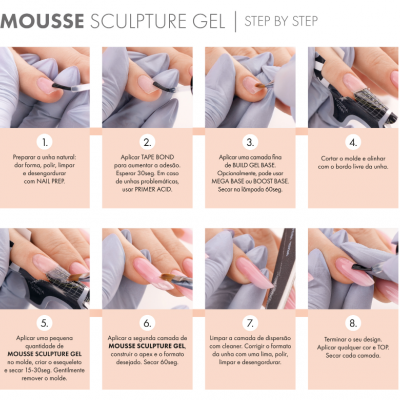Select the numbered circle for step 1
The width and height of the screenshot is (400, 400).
click(x=45, y=143)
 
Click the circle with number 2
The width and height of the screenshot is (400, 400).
click(x=147, y=143)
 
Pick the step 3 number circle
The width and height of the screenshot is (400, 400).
click(x=250, y=143)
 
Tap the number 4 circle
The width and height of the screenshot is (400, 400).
click(x=351, y=143)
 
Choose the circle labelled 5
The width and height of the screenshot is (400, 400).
click(x=45, y=324)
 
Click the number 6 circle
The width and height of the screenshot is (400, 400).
click(x=147, y=324)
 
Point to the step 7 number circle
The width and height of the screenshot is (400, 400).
click(x=250, y=324)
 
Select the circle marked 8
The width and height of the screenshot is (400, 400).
click(x=351, y=324)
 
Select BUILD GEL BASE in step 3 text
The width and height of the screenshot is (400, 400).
click(x=261, y=166)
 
